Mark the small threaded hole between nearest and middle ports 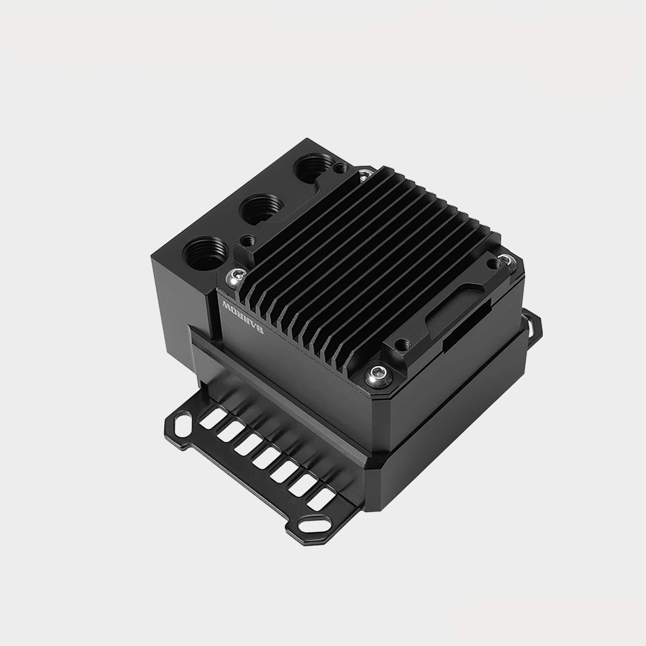(x=246, y=240)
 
